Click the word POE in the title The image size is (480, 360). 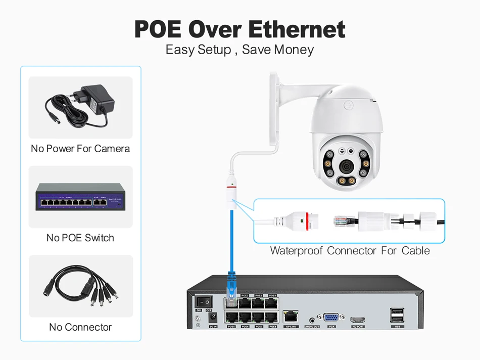159,29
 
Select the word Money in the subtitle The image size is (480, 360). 294,50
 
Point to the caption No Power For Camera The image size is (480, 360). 80,149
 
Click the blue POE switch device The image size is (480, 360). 80,196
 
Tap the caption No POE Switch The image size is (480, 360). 80,238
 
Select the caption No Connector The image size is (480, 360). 80,327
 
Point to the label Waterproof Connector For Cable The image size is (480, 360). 350,251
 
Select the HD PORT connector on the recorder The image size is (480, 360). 358,320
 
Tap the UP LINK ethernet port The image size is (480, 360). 291,318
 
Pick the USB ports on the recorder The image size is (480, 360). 397,316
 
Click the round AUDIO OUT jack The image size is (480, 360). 312,319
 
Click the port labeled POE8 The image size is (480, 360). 272,318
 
